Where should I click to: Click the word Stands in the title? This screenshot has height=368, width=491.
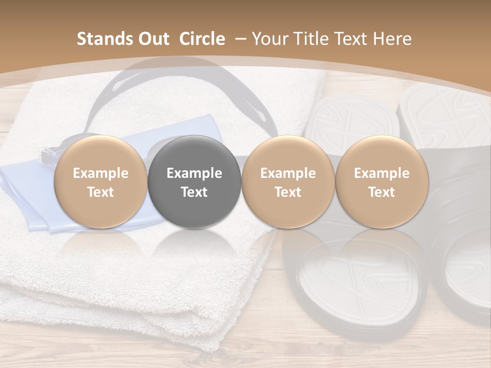tap(102, 39)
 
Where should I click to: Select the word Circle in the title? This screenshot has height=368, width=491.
tap(202, 39)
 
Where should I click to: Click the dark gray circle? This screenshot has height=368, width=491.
tap(194, 182)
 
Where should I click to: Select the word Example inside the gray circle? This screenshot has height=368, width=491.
tap(194, 173)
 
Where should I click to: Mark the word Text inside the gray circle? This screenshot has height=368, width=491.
tap(194, 192)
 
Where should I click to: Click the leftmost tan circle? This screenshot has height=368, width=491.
tap(101, 182)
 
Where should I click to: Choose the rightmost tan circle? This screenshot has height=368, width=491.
tap(382, 182)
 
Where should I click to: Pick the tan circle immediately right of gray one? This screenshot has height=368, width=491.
tap(288, 182)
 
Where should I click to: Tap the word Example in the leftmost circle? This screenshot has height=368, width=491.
tap(101, 173)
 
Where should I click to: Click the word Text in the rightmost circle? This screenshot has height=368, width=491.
tap(382, 192)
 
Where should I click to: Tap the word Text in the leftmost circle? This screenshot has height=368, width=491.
tap(101, 192)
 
